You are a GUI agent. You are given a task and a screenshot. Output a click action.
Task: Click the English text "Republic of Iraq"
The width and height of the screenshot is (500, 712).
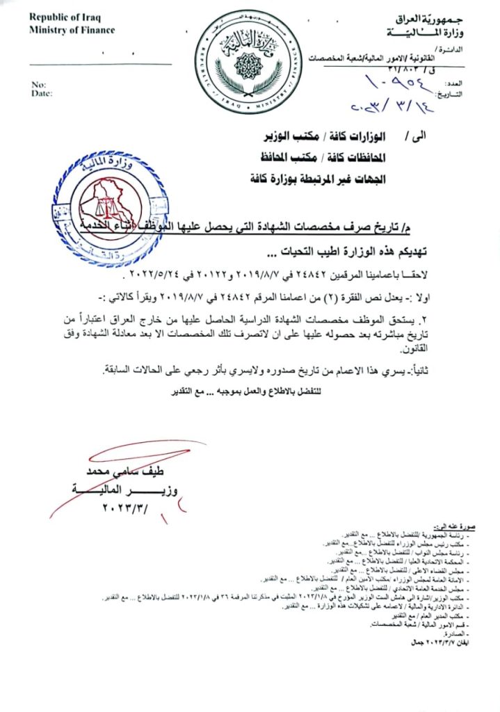click(x=59, y=17)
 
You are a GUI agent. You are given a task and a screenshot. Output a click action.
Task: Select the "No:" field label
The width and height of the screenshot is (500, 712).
click(x=38, y=85)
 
